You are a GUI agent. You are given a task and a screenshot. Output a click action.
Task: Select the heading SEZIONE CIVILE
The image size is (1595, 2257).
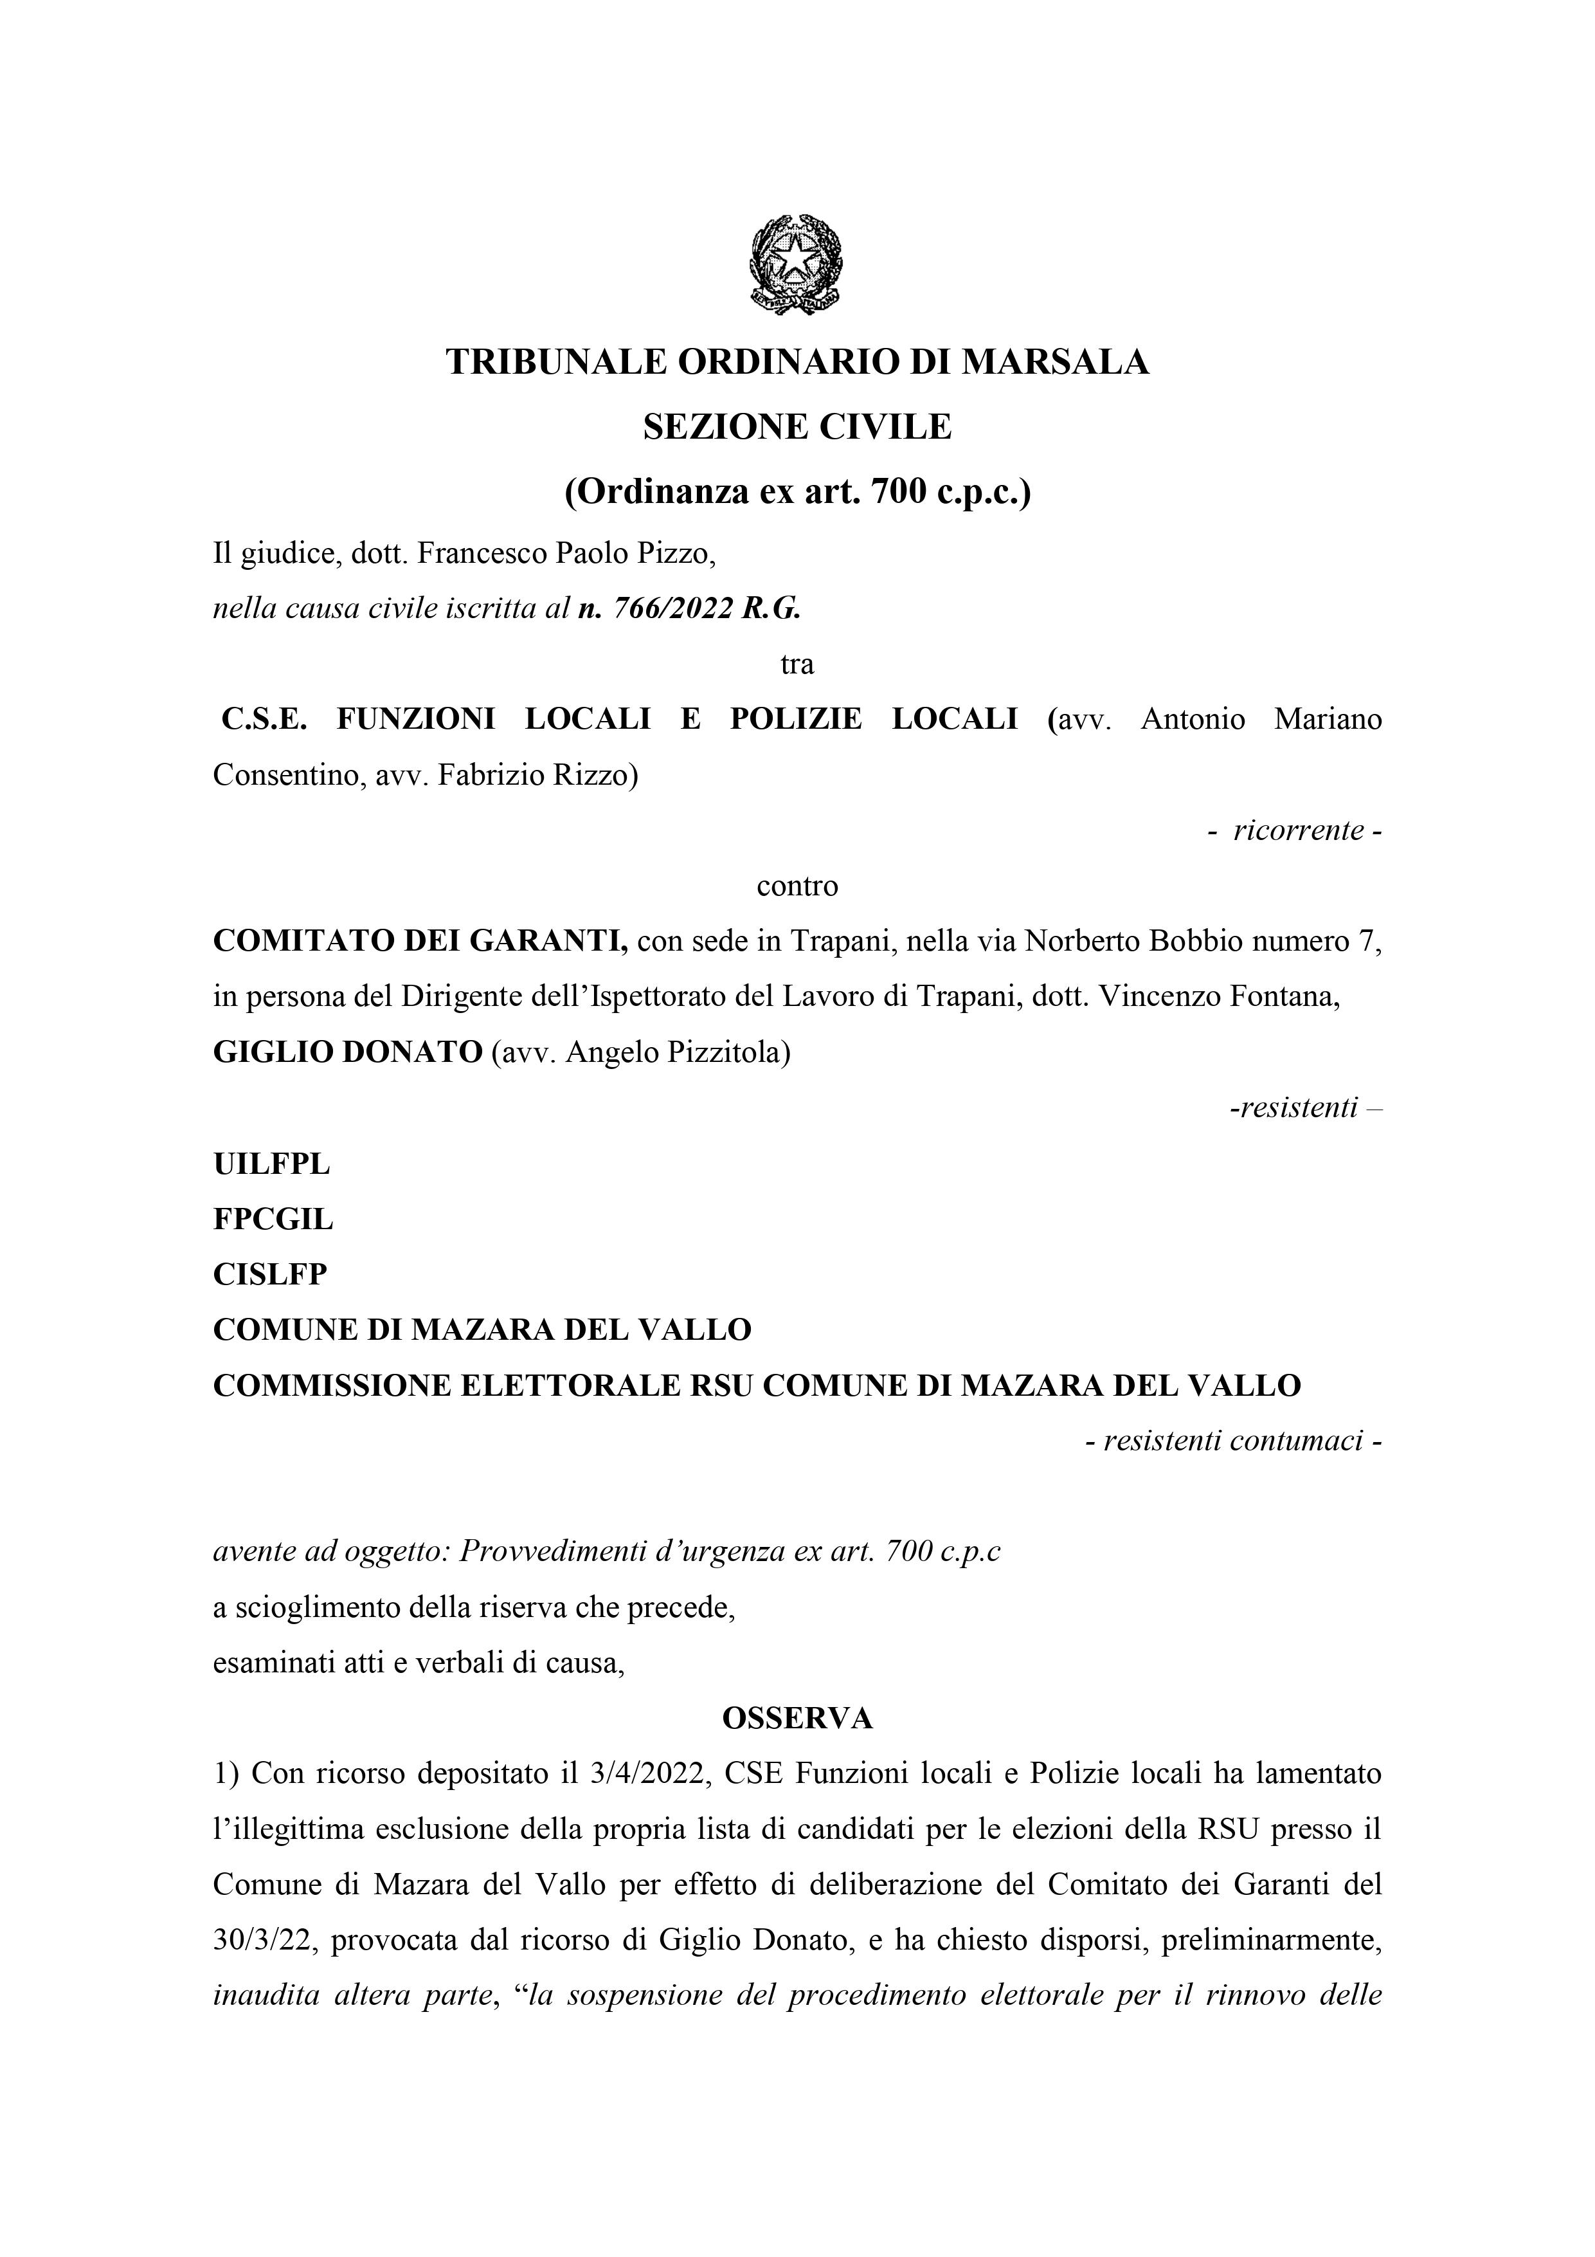797,426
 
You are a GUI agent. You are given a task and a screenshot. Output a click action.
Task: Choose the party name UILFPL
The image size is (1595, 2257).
271,1164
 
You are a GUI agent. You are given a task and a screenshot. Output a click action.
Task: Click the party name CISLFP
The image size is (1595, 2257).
270,1275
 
